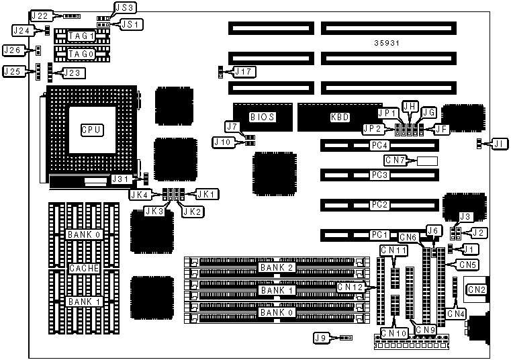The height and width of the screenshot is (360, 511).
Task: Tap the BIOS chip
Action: pos(263,117)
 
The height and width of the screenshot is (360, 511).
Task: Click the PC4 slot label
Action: pos(380,145)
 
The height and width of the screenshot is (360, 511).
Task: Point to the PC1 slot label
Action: pos(380,235)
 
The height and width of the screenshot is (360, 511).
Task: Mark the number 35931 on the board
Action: pos(388,43)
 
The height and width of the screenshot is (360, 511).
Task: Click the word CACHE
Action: pos(84,269)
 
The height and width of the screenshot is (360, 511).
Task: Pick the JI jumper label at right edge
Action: pos(496,143)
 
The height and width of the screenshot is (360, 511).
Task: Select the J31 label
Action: pos(121,179)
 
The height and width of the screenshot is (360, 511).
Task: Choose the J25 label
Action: pos(13,71)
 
